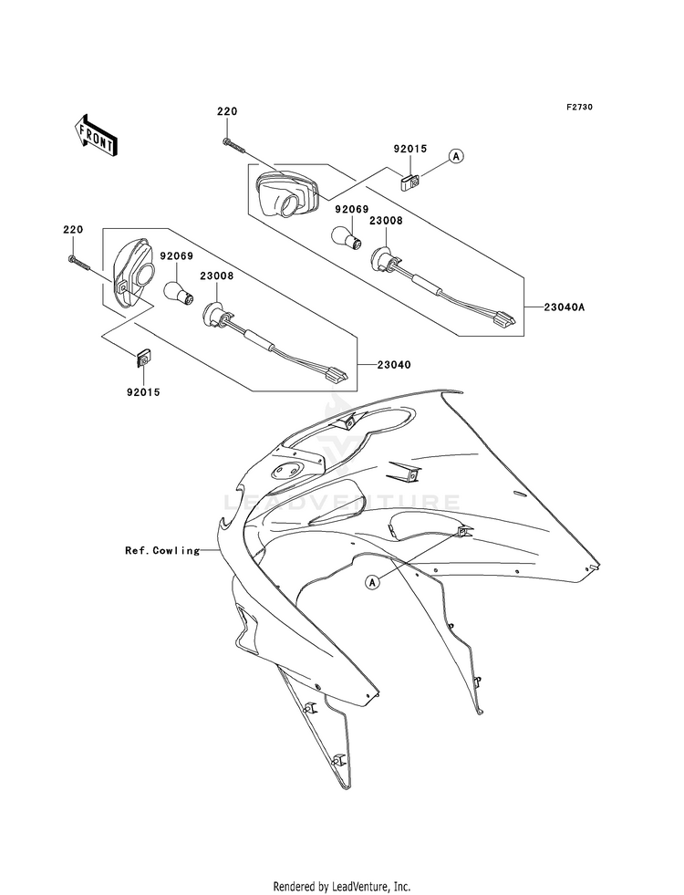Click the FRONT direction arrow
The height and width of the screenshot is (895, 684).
click(95, 135)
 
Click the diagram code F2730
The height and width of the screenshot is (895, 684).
click(579, 107)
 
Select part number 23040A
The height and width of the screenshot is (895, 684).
click(565, 307)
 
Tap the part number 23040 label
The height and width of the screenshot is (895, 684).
click(394, 364)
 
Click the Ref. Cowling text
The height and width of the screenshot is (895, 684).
click(162, 550)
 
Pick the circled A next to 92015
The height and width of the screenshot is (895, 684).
click(456, 156)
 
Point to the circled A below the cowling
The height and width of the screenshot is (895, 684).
click(372, 582)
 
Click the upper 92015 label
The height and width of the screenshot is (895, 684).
click(409, 149)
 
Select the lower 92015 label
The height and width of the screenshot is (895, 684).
click(143, 392)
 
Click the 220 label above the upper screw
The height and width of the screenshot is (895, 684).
click(226, 112)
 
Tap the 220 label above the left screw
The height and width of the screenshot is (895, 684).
click(72, 230)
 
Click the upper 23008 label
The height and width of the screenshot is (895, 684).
click(386, 220)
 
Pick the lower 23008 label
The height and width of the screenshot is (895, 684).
click(217, 276)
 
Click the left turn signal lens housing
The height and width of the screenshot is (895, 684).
click(131, 273)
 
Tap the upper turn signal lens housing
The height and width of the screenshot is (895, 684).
click(286, 193)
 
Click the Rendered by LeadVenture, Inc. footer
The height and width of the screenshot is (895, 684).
click(342, 886)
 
